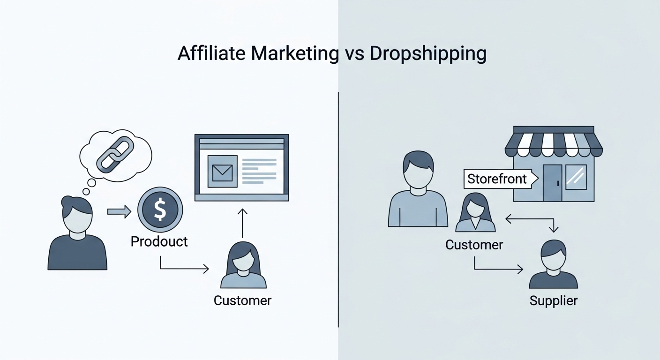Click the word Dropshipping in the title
pos(427,54)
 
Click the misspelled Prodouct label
pos(159,241)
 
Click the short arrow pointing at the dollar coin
pos(119,212)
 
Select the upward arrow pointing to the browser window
pos(242,223)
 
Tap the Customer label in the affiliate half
pos(242,300)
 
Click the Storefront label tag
pos(497,179)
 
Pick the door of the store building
pos(552,183)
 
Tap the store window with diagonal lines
pos(576,178)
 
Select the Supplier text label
pos(553,300)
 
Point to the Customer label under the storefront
pos(474,244)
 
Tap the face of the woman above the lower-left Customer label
pos(243,265)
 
